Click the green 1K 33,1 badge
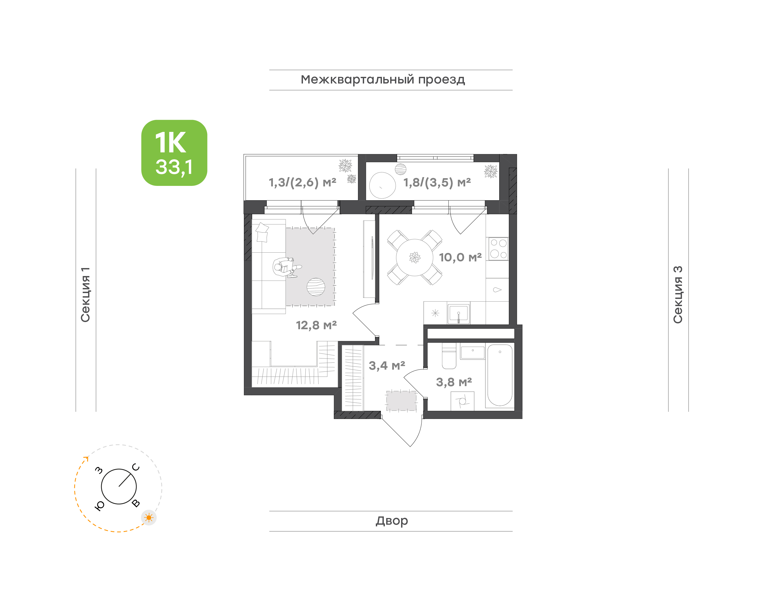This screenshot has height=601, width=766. [174, 153]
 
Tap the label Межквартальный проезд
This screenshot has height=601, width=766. [382, 80]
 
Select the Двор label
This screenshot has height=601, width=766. [392, 521]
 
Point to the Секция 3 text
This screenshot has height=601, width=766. [678, 295]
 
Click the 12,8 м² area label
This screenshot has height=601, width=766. [316, 325]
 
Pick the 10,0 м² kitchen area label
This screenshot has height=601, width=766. [460, 257]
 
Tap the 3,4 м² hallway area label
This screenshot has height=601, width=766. [387, 366]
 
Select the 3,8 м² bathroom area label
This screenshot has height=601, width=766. [454, 382]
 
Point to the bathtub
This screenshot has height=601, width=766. [500, 375]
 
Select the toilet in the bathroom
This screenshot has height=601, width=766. [449, 356]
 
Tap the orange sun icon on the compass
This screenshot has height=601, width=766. [149, 517]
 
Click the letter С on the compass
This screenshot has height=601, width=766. [136, 467]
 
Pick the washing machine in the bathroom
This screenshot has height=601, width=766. [462, 401]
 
